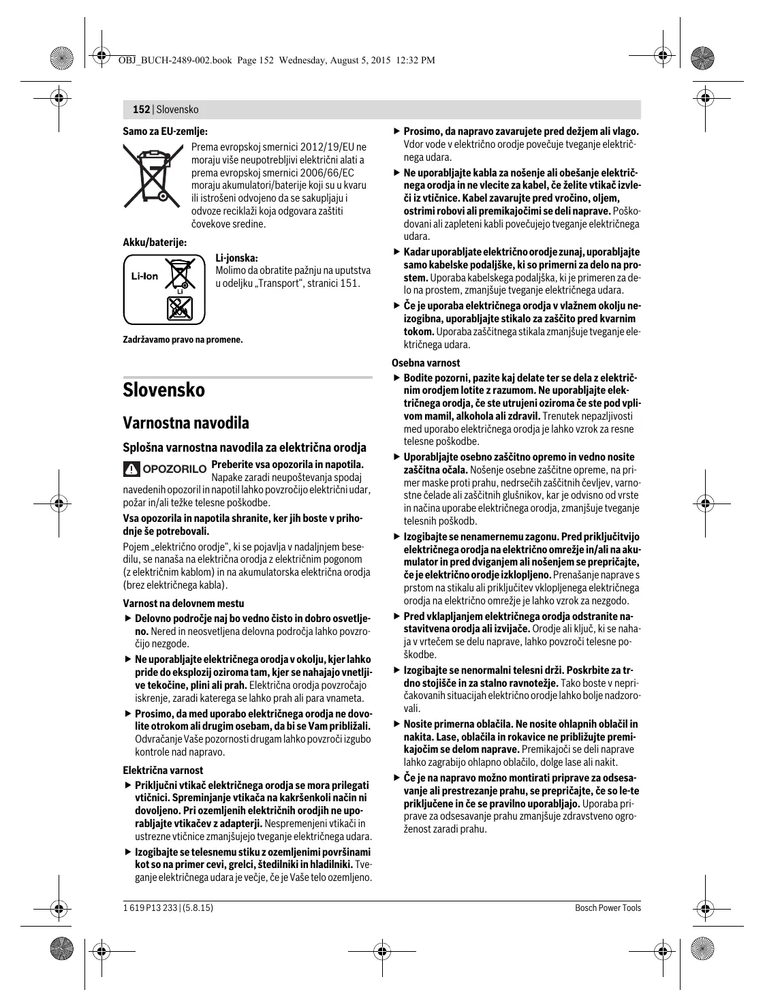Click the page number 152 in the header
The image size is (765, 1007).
coord(140,109)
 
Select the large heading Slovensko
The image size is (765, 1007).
coord(163,390)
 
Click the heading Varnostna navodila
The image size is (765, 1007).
coord(186,422)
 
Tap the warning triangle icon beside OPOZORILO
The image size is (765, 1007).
coord(130,469)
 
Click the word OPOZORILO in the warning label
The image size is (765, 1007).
coord(173,469)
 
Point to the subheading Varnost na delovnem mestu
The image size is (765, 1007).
coord(183,603)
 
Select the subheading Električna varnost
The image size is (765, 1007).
coord(162,770)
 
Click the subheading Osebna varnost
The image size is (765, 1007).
coord(426,363)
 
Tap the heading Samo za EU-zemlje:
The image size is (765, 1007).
coord(165,131)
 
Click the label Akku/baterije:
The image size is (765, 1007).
coord(155,242)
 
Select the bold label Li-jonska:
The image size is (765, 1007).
coord(236,258)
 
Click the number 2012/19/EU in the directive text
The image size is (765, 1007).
coord(326,147)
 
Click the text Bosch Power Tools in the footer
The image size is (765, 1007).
coord(608,908)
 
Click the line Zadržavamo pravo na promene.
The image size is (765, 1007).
coord(183,339)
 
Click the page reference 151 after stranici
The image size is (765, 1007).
coord(350,283)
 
